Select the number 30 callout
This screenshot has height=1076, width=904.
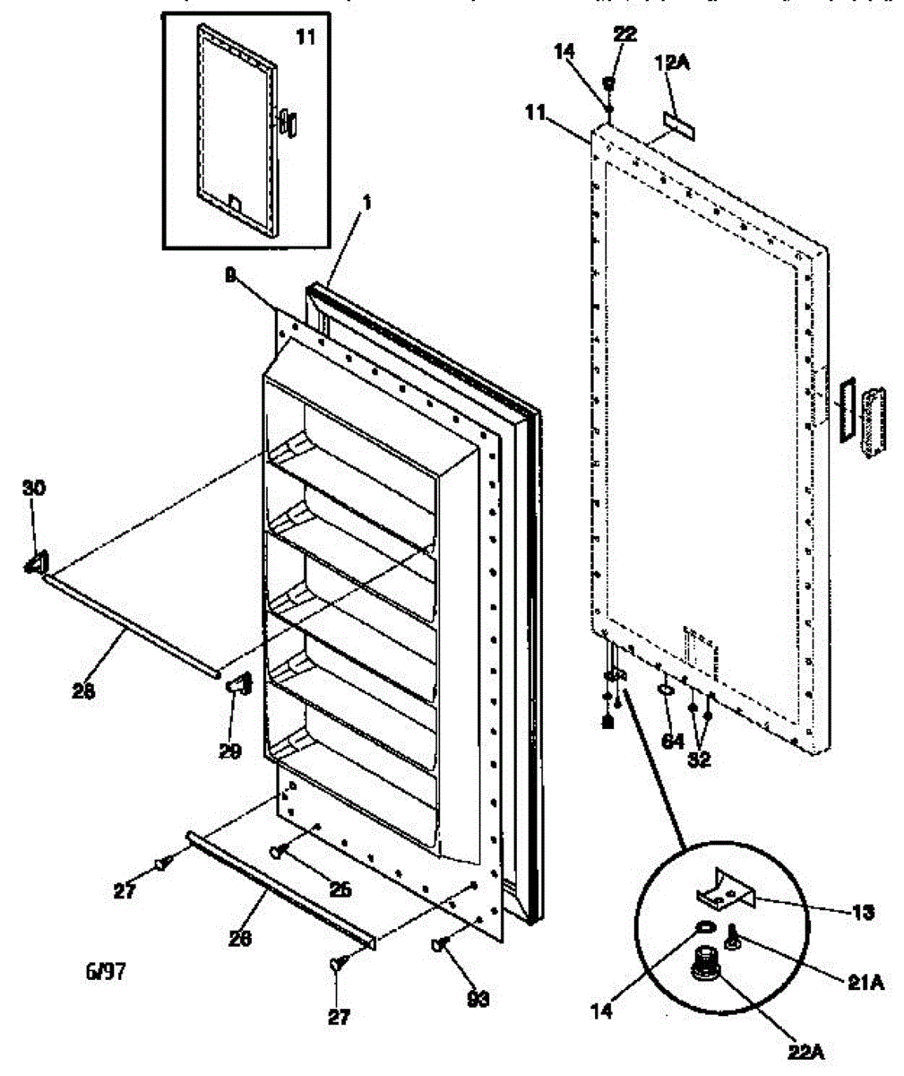pos(35,488)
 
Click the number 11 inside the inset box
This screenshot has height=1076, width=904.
pos(306,38)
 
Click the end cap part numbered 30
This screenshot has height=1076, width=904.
pos(37,562)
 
